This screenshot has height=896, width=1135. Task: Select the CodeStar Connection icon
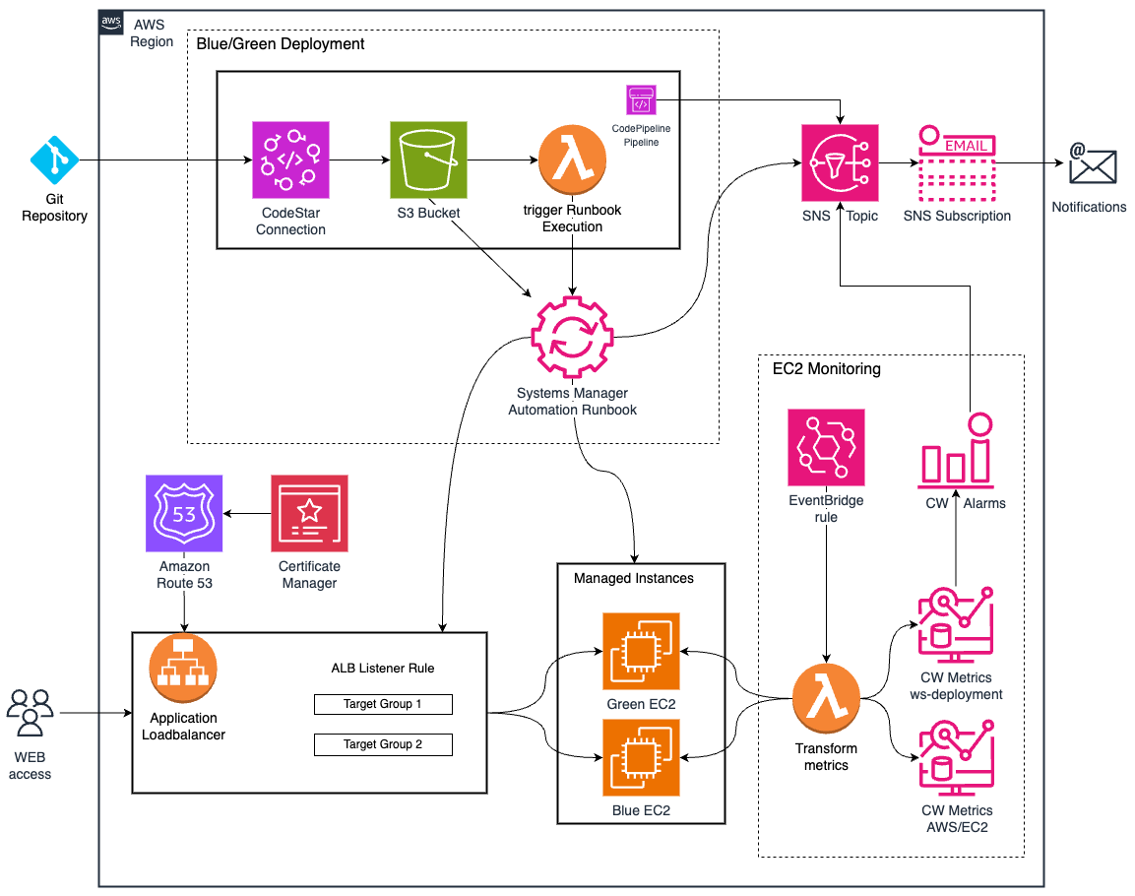pos(290,160)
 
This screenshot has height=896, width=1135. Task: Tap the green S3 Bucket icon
pos(428,160)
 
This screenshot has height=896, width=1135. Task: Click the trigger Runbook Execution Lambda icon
pos(572,160)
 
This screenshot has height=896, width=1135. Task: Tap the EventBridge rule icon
pos(827,447)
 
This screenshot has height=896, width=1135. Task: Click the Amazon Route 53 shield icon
pos(184,513)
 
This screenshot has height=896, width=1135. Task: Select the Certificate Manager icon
pos(309,513)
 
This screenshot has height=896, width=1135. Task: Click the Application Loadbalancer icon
pos(184,668)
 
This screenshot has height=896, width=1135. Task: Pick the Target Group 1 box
pos(383,704)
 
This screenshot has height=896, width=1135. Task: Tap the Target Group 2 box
pos(383,744)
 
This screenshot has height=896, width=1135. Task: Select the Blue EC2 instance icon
pos(642,758)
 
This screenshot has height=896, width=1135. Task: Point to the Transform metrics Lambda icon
pos(826,698)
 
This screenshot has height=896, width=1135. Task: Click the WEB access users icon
pos(30,714)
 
